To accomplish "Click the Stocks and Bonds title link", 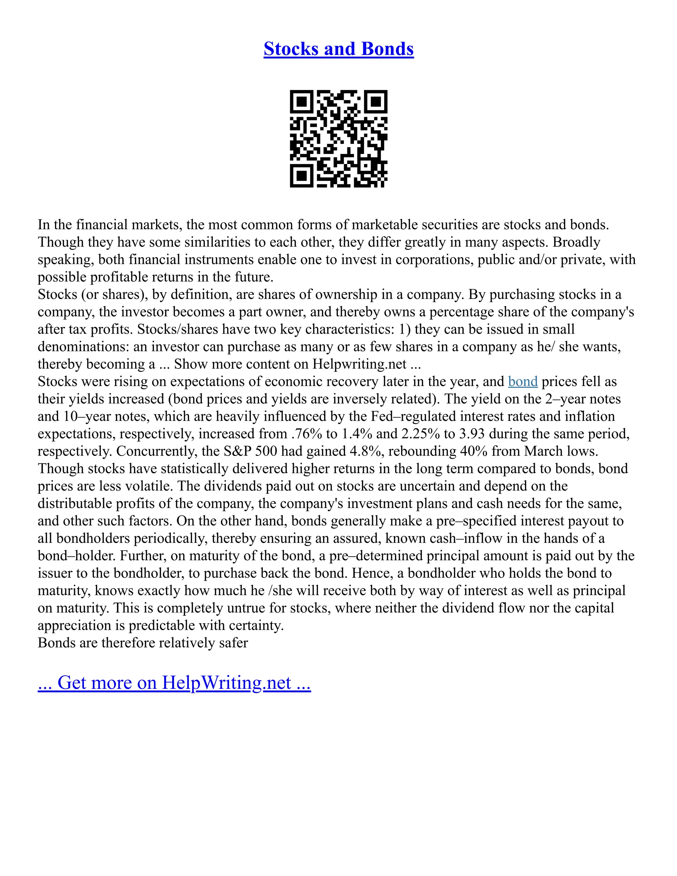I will [338, 49].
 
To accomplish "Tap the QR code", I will [338, 139].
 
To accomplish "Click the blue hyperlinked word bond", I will [523, 381].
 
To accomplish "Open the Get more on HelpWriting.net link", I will [174, 682].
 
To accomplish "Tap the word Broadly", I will [576, 242].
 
